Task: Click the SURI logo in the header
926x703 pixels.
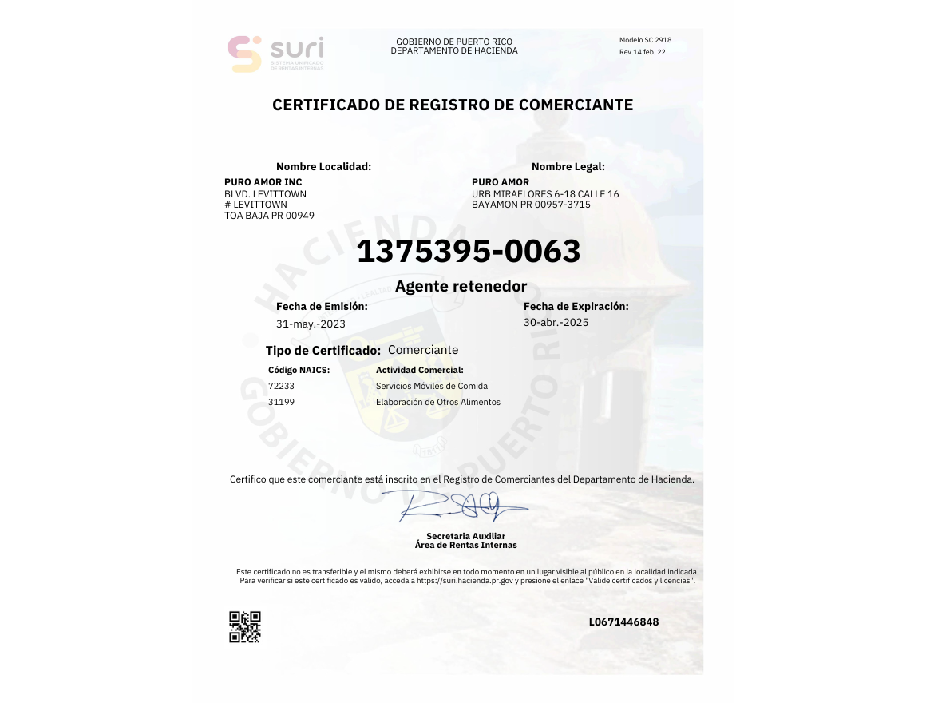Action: coord(276,54)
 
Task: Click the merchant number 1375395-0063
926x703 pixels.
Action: coord(469,252)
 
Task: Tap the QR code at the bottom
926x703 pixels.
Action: coord(245,627)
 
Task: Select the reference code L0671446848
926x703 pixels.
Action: coord(623,622)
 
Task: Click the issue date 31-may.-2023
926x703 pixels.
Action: coord(311,324)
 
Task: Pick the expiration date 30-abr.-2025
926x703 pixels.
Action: coord(556,323)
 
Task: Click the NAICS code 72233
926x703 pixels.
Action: coord(281,386)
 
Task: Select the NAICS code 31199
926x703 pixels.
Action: coord(281,402)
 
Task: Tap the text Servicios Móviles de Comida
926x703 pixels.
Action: coord(431,386)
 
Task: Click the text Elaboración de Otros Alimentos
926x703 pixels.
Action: coord(437,402)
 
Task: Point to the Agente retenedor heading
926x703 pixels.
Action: coord(461,286)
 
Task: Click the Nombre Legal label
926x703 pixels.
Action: coord(568,167)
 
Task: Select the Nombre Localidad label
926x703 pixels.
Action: coord(323,167)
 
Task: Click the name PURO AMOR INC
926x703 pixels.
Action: coord(263,182)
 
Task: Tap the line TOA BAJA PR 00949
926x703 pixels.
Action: coord(269,216)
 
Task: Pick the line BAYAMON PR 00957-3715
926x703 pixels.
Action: coord(531,205)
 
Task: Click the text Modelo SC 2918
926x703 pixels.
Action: coord(645,40)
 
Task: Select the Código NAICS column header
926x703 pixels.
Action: coord(299,370)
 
